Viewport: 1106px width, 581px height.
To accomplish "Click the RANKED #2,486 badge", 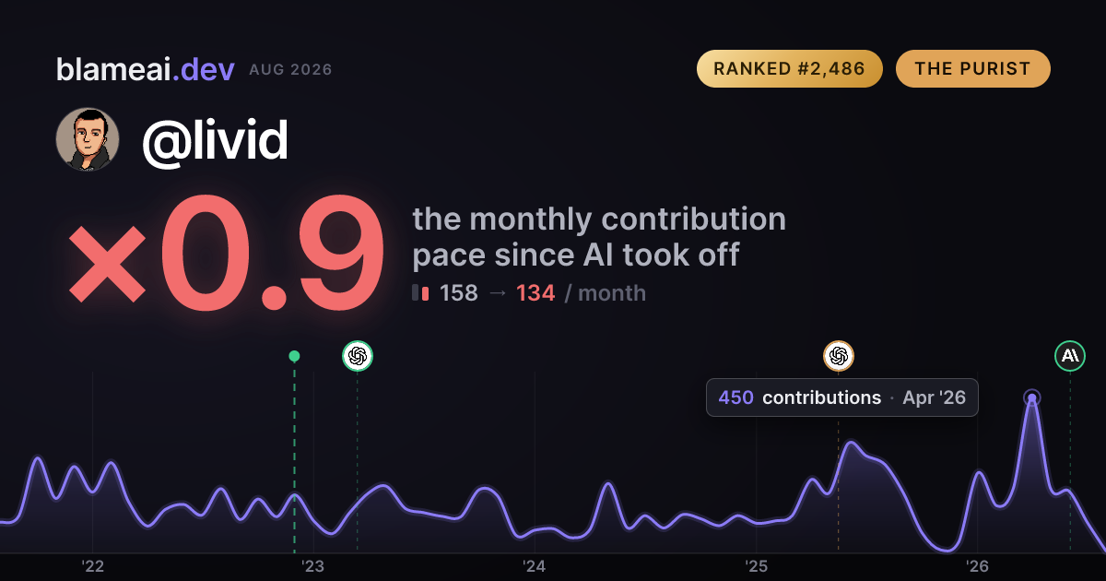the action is [x=790, y=68].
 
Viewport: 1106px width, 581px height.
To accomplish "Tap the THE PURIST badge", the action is [x=972, y=68].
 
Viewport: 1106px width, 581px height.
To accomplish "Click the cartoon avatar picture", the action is [x=88, y=140].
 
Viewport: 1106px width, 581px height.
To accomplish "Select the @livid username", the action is [x=215, y=140].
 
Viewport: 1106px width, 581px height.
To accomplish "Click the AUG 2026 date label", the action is [x=290, y=70].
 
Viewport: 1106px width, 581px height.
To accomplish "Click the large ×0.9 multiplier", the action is [x=226, y=253].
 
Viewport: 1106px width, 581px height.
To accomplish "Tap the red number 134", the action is [x=535, y=293].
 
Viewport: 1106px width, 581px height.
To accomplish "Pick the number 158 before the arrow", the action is [x=459, y=293].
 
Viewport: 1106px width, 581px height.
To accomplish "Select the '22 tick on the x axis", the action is [x=92, y=566].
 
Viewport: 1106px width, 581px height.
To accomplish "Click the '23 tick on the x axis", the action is [x=313, y=566].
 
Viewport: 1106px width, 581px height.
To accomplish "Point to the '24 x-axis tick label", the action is [x=535, y=566].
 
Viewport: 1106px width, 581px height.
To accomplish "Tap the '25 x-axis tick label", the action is [x=756, y=566].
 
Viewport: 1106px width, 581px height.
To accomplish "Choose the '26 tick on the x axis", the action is [x=977, y=566].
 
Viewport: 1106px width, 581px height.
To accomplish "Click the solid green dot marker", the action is [x=294, y=356].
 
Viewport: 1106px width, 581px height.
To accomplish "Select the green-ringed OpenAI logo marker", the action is [x=358, y=356].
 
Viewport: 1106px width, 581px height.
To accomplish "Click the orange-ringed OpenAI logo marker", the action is [x=839, y=356].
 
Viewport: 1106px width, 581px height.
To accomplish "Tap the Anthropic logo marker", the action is [x=1070, y=356].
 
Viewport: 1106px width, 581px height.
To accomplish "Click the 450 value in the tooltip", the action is [x=735, y=397].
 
